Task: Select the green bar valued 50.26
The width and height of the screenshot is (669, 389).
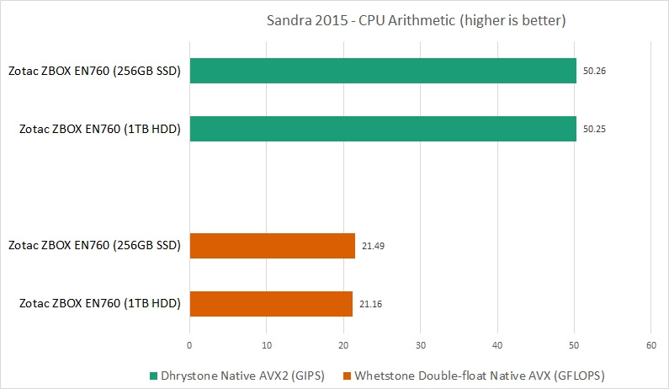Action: tap(383, 71)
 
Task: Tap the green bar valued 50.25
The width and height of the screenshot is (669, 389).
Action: tap(383, 128)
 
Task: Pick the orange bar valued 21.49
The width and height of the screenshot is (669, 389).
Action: tap(273, 246)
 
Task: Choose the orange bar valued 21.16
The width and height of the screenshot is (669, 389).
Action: tap(271, 303)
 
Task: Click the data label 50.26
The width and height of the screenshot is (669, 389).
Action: tap(594, 71)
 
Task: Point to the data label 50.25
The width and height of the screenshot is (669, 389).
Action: tap(594, 128)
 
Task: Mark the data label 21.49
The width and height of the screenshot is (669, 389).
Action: tap(373, 246)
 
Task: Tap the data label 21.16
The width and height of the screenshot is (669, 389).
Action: tap(370, 303)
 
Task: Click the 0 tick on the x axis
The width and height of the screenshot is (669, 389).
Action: tap(190, 345)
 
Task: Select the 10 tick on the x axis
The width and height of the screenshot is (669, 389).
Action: tap(267, 345)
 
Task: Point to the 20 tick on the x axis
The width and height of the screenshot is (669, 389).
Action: tap(343, 345)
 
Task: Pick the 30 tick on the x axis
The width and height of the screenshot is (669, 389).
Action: tap(421, 345)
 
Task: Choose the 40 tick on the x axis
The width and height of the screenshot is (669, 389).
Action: tap(497, 345)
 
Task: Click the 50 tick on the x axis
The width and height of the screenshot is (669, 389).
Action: tap(574, 345)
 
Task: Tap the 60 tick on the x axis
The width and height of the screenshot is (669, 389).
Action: tap(650, 345)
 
